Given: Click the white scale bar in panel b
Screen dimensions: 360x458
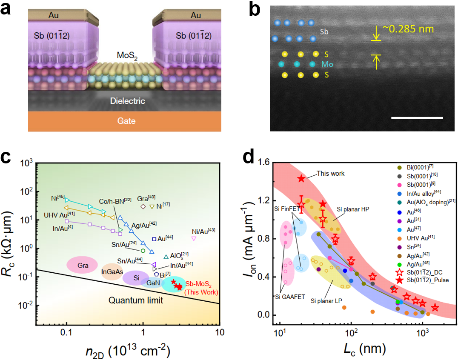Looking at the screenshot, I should pyautogui.click(x=417, y=117).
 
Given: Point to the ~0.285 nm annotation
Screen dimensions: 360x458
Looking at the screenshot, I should pyautogui.click(x=407, y=29).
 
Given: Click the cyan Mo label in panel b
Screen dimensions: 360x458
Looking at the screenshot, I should pyautogui.click(x=327, y=65).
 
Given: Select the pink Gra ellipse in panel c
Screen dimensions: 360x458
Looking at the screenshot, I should pyautogui.click(x=83, y=266).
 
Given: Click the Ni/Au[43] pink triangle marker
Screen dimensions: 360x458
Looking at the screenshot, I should pyautogui.click(x=194, y=238).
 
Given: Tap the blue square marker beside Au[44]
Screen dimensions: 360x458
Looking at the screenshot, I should pyautogui.click(x=154, y=239).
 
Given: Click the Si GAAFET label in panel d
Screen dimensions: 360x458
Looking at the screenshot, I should pyautogui.click(x=289, y=297).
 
